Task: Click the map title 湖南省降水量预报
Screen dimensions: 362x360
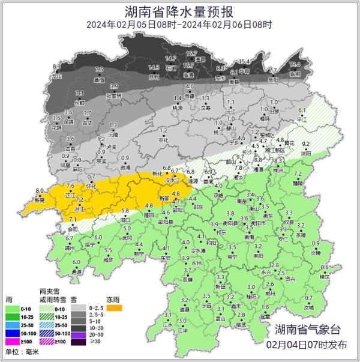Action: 179,11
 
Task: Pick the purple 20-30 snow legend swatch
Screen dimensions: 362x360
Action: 79,334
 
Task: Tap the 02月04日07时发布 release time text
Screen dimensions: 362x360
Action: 307,345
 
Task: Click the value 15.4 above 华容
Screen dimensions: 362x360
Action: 244,62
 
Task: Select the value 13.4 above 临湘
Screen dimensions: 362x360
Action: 295,65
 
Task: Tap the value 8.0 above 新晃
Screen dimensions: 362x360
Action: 41,191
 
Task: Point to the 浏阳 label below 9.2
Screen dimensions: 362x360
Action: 305,153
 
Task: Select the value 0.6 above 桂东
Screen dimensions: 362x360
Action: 325,268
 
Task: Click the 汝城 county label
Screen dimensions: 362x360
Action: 308,307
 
